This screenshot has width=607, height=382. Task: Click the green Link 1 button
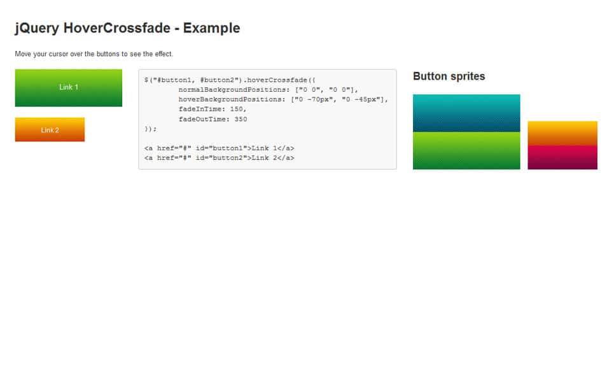pos(68,87)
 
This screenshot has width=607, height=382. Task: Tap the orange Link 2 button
pos(50,130)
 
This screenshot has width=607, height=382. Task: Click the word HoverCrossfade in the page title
pos(117,28)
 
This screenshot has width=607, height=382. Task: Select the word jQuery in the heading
pos(37,28)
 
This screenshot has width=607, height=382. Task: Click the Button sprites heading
pos(449,76)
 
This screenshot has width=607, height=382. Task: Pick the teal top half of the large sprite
pos(466,113)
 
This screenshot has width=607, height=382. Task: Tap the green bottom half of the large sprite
pos(466,151)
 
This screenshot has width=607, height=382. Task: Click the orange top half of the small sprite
pos(562,133)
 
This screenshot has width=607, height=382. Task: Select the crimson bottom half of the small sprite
pos(562,157)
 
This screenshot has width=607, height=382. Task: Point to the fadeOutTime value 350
pos(240,119)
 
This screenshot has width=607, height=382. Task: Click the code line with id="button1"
pos(219,148)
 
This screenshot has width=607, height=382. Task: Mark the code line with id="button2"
pos(219,158)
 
